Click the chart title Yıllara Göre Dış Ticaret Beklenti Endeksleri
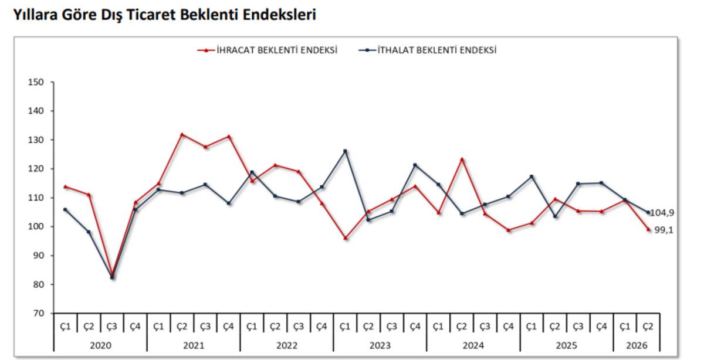[165, 15]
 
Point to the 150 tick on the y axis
[36, 82]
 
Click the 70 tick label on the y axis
[39, 313]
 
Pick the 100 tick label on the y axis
[36, 226]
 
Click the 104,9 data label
[662, 213]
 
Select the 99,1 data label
[664, 230]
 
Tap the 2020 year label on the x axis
[100, 345]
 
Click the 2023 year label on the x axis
[380, 345]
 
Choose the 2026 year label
[637, 345]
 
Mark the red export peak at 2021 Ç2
[182, 134]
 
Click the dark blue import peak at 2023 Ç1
[345, 151]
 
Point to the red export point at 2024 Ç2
[462, 159]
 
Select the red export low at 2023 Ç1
[345, 238]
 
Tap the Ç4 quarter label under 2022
[321, 327]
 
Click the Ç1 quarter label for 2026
[625, 327]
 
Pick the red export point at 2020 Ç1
[65, 186]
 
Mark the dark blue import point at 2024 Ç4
[508, 196]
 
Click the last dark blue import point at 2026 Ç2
[648, 212]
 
